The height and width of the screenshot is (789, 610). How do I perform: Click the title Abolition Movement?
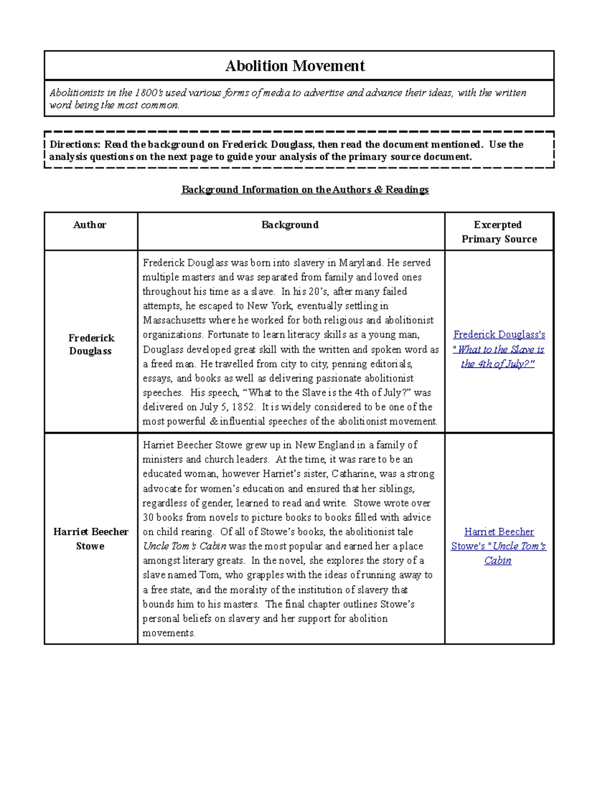click(x=295, y=66)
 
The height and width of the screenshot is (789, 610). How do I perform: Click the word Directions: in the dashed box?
click(x=75, y=144)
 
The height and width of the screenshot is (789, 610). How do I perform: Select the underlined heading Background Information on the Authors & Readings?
click(x=305, y=190)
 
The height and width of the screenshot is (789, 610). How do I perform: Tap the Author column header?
click(x=89, y=225)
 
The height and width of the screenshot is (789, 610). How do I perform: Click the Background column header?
click(x=290, y=225)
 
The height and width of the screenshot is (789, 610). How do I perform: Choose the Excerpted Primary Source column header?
click(x=499, y=232)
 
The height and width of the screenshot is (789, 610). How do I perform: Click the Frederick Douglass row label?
click(x=91, y=344)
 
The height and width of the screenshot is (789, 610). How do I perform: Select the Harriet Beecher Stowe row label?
click(x=90, y=539)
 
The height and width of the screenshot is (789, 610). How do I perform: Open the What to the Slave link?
click(x=499, y=349)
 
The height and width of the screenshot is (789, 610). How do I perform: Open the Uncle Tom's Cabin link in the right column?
click(x=499, y=546)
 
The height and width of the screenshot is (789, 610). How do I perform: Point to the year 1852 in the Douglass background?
click(x=243, y=407)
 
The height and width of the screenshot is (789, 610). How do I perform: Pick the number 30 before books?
click(x=148, y=517)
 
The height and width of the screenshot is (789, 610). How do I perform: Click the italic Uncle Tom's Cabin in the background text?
click(x=185, y=546)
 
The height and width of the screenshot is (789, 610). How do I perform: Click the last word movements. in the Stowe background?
click(x=169, y=633)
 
